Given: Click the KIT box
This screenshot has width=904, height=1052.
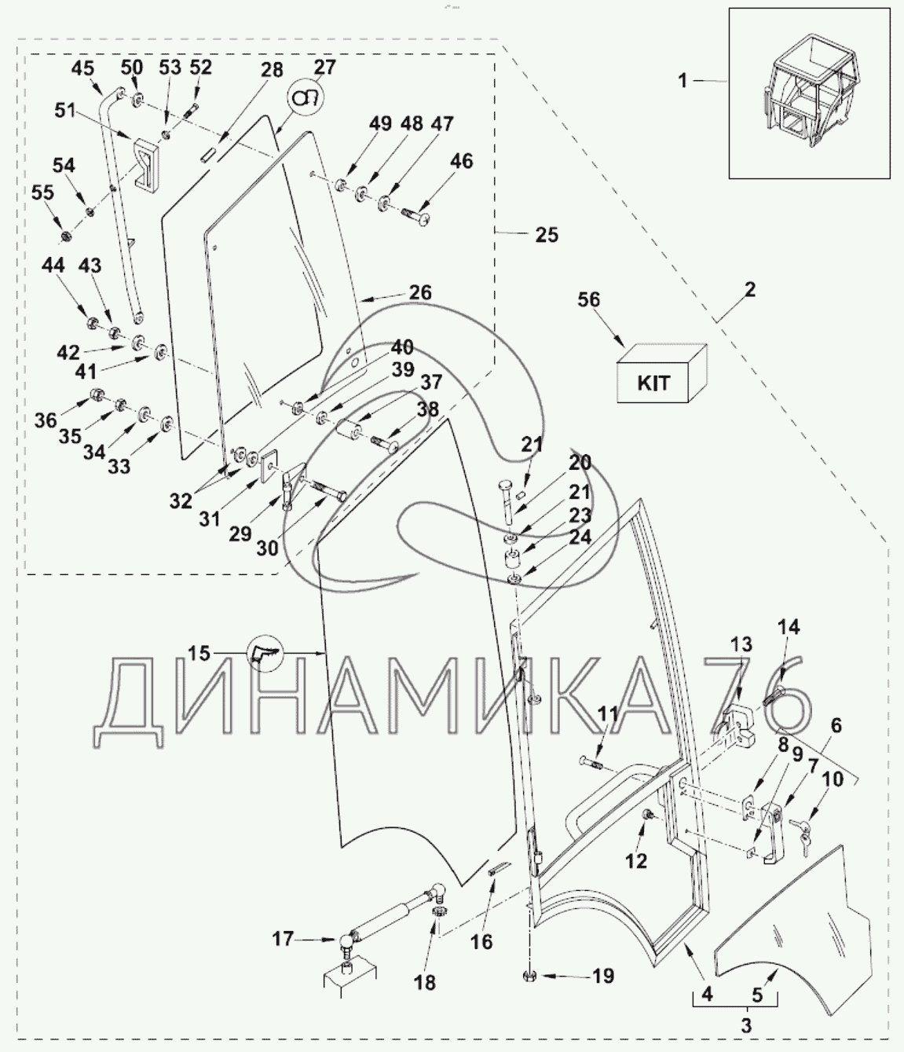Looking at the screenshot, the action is (x=661, y=373).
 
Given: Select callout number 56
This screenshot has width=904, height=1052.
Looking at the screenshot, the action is (x=588, y=299).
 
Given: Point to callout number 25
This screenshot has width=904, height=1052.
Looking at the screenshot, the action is (x=547, y=235).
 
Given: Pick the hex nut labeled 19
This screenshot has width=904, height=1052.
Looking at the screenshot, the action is (x=528, y=976).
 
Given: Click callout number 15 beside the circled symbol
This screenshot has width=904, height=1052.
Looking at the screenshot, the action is (x=199, y=653).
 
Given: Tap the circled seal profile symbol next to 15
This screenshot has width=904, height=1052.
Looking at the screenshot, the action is (x=263, y=653).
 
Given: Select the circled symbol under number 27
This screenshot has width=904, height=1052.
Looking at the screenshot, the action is (x=306, y=97).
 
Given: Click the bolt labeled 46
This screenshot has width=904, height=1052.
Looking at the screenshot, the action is (x=417, y=216).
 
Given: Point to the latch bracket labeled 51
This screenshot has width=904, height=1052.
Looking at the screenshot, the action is (x=147, y=162).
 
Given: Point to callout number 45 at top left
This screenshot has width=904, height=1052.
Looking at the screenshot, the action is (x=83, y=68).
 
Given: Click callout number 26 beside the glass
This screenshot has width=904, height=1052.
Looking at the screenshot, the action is (x=420, y=292).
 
